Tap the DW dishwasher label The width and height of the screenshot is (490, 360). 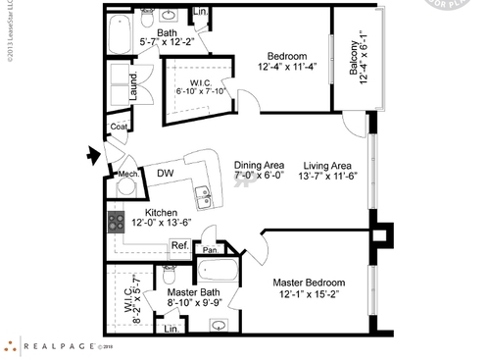coord(166,174)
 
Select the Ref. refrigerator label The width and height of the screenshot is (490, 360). coord(180,245)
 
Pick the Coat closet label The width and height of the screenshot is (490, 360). coord(120,127)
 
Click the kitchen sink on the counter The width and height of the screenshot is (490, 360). coord(205,195)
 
